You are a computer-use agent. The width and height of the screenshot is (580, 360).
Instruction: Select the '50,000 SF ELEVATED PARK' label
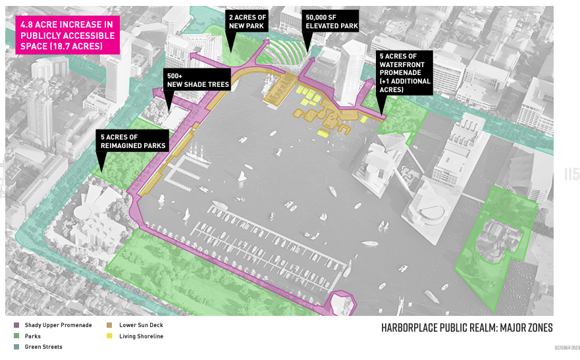pos(330,20)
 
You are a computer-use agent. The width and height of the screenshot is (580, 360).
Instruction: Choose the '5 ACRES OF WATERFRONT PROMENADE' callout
pos(405,72)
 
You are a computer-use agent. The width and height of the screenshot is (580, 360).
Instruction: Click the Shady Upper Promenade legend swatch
pos(16,325)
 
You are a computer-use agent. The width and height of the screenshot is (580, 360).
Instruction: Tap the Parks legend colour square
pos(16,336)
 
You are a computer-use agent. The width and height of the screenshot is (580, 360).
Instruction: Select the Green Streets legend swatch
pos(16,346)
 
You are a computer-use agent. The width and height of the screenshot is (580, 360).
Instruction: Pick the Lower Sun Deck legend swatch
pos(110,325)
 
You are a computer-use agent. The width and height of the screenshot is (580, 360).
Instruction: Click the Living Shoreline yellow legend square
pos(110,336)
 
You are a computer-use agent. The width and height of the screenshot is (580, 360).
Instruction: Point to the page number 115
pos(571,174)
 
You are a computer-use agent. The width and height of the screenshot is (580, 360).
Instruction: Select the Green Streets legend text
pos(43,346)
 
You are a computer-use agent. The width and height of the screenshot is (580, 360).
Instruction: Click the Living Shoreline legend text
pos(141,336)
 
